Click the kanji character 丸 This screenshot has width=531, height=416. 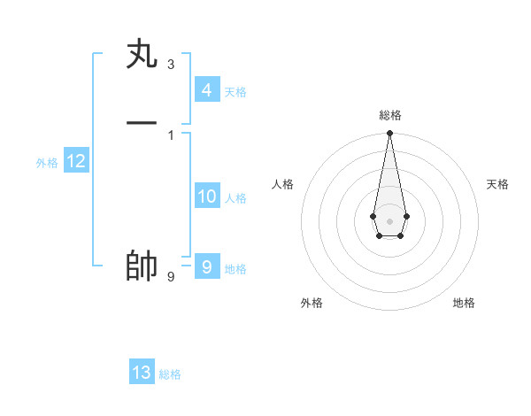click(142, 55)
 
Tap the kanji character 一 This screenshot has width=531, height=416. click(142, 123)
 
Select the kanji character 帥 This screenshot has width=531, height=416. click(142, 266)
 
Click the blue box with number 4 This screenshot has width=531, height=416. click(206, 90)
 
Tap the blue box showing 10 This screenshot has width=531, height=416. click(207, 196)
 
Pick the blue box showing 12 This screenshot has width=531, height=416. click(76, 161)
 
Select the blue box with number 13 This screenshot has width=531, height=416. click(142, 373)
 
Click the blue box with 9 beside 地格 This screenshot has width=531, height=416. click(206, 266)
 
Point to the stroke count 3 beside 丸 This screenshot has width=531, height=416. click(170, 65)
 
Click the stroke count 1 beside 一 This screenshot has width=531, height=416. click(170, 135)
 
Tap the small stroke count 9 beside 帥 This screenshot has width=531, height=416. click(170, 277)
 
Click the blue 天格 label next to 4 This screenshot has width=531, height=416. click(235, 92)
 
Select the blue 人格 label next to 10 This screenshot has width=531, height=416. click(235, 198)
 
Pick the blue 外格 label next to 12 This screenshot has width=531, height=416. click(47, 163)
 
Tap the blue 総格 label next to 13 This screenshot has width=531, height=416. click(170, 374)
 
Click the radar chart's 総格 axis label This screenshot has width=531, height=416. click(390, 115)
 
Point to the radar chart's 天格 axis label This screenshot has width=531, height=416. click(497, 184)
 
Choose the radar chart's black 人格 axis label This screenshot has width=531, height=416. click(283, 184)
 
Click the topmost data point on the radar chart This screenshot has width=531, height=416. click(389, 134)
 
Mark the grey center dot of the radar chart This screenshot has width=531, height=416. click(389, 220)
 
